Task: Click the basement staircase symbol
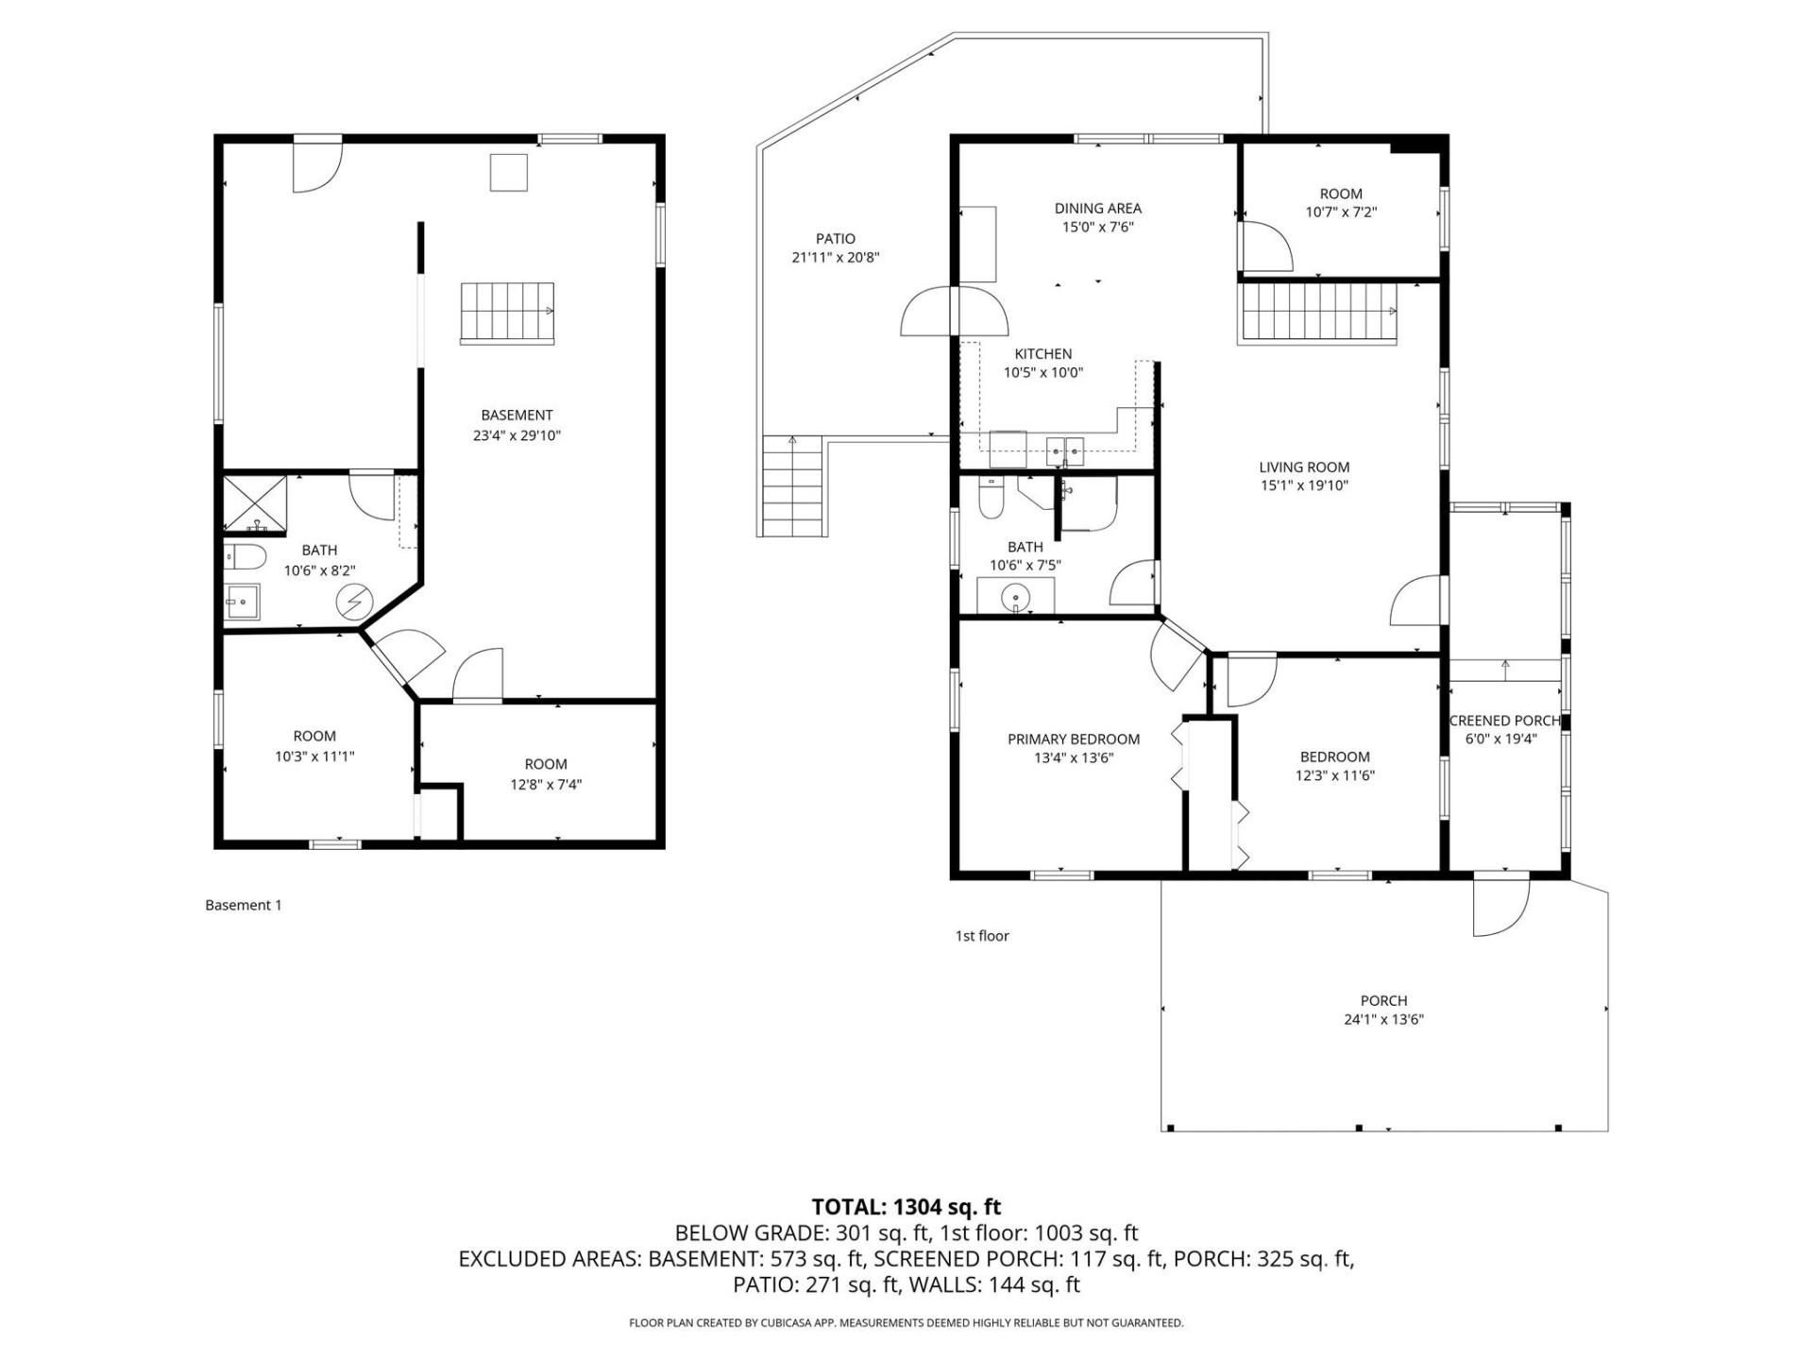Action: click(x=507, y=313)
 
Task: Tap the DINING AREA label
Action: click(x=1097, y=208)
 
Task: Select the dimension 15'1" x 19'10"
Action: click(x=1304, y=485)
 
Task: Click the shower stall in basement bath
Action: click(x=254, y=504)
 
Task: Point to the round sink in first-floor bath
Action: click(x=1016, y=596)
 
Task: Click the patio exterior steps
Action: click(x=792, y=485)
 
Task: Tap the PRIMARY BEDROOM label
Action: click(x=1073, y=739)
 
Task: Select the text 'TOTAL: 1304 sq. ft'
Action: click(x=906, y=1206)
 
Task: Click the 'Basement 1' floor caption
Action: click(x=244, y=905)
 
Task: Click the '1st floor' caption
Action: click(x=982, y=935)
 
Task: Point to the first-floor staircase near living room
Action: click(x=1317, y=314)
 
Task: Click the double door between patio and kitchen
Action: click(x=955, y=311)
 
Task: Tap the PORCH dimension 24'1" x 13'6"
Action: click(x=1383, y=1019)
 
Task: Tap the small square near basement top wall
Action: click(x=508, y=172)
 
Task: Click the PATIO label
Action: click(x=836, y=239)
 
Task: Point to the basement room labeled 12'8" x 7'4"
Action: click(x=546, y=773)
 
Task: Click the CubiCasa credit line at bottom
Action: click(x=906, y=1323)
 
